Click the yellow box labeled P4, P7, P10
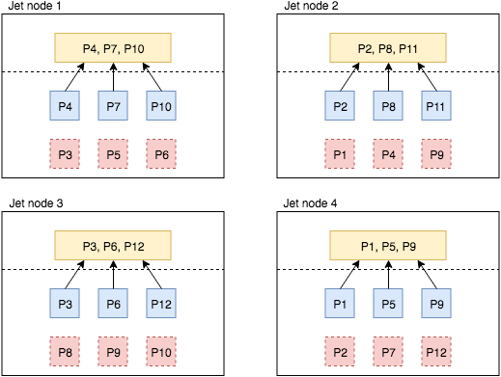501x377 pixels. pos(113,47)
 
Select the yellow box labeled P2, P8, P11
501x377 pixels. pos(388,47)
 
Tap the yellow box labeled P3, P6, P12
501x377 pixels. pos(113,245)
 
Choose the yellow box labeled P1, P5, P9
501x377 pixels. pos(388,245)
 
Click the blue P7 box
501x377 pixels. pos(113,105)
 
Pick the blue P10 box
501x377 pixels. pos(161,105)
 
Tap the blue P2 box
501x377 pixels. pos(340,105)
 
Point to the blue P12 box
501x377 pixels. pos(161,304)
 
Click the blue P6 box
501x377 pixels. pos(113,304)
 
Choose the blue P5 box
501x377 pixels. pos(388,304)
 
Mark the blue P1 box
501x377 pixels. pos(340,304)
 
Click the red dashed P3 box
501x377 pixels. pos(65,153)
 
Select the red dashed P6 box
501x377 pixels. pos(161,153)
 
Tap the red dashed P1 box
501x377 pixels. pos(340,153)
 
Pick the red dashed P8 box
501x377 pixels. pos(65,351)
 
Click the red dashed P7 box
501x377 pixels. pos(388,351)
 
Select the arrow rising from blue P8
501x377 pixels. pos(388,77)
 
